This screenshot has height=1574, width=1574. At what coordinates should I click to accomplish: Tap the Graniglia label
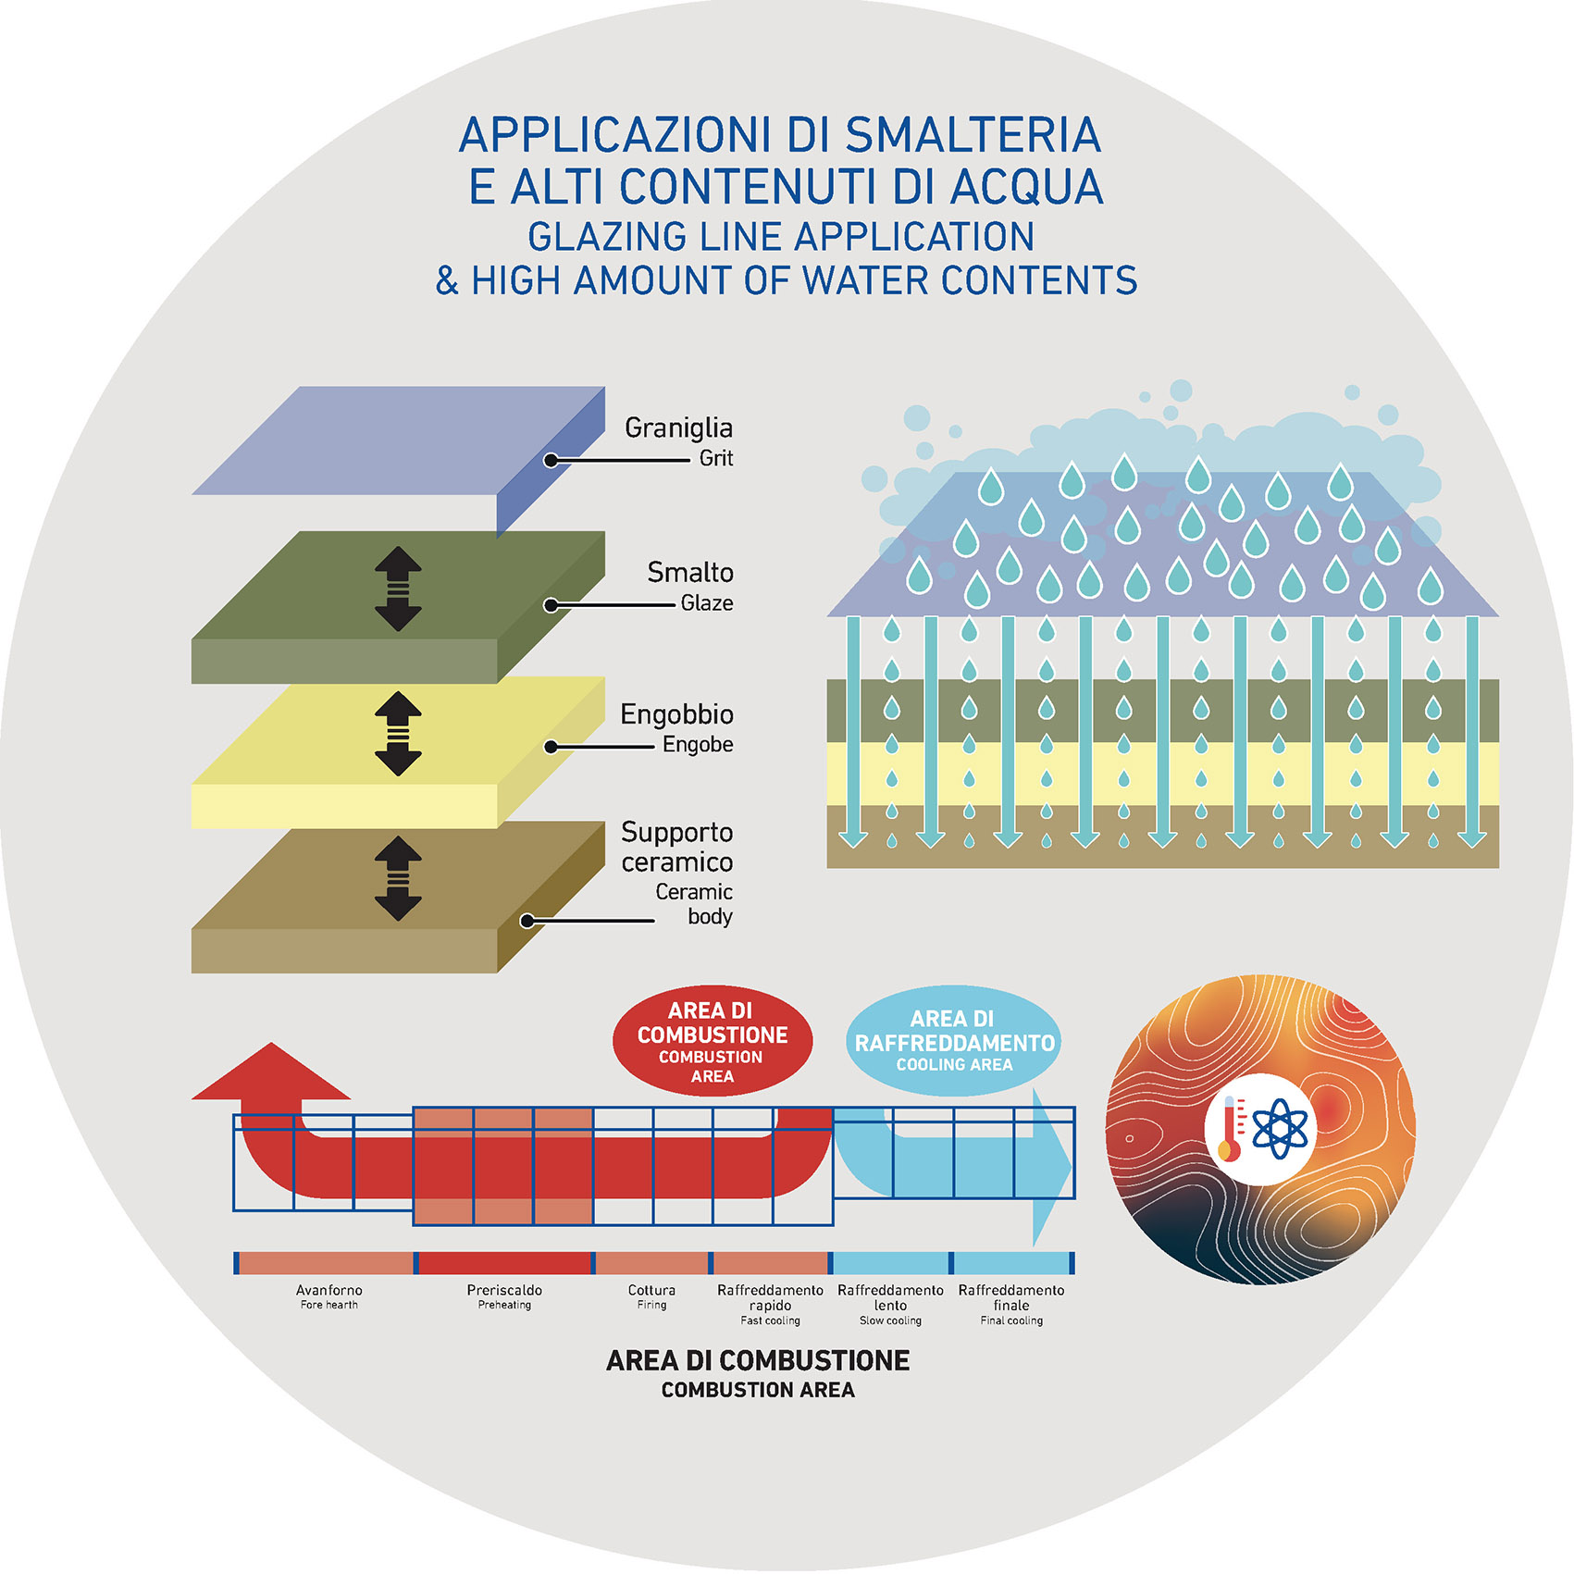[x=678, y=428]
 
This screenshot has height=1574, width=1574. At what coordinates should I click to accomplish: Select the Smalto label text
[x=690, y=573]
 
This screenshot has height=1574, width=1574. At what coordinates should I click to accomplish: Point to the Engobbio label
[x=676, y=714]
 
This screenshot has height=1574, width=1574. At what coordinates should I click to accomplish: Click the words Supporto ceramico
[x=676, y=847]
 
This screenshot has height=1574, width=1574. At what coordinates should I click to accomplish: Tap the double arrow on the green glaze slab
[x=398, y=589]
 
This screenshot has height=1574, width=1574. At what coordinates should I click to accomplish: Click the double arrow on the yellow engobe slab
[x=398, y=734]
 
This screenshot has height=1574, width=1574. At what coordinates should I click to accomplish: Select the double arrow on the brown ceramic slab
[x=398, y=878]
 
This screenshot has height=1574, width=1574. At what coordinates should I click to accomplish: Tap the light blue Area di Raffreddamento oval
[x=954, y=1041]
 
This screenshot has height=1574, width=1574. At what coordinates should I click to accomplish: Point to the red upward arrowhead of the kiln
[x=270, y=1073]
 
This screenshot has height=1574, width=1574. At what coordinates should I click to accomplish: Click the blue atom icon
[x=1281, y=1128]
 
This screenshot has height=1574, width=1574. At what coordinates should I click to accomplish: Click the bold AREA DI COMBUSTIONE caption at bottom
[x=758, y=1361]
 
